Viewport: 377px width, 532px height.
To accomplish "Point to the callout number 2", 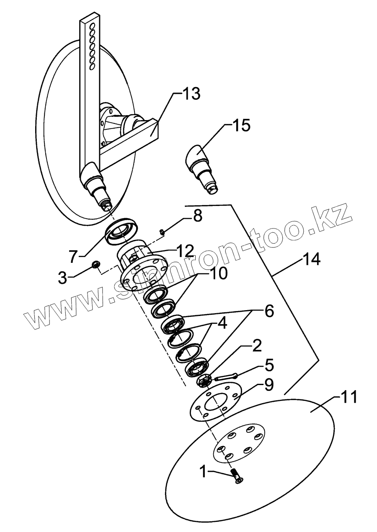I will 256,345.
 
